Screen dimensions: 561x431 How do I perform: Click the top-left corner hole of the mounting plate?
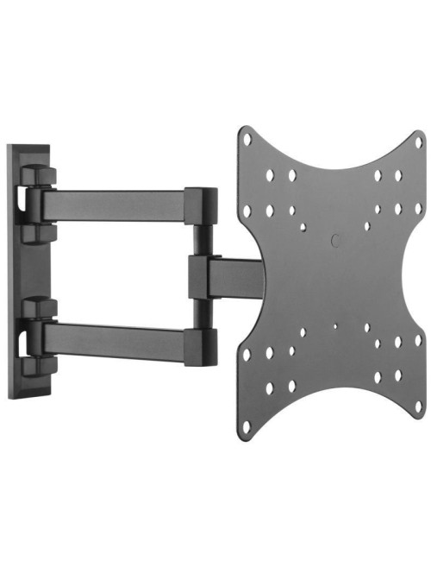(x=247, y=138)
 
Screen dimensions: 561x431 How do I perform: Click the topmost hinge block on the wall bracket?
(x=39, y=177)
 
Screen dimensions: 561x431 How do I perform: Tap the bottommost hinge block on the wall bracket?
(x=39, y=366)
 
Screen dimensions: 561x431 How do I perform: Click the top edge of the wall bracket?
(x=26, y=148)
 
